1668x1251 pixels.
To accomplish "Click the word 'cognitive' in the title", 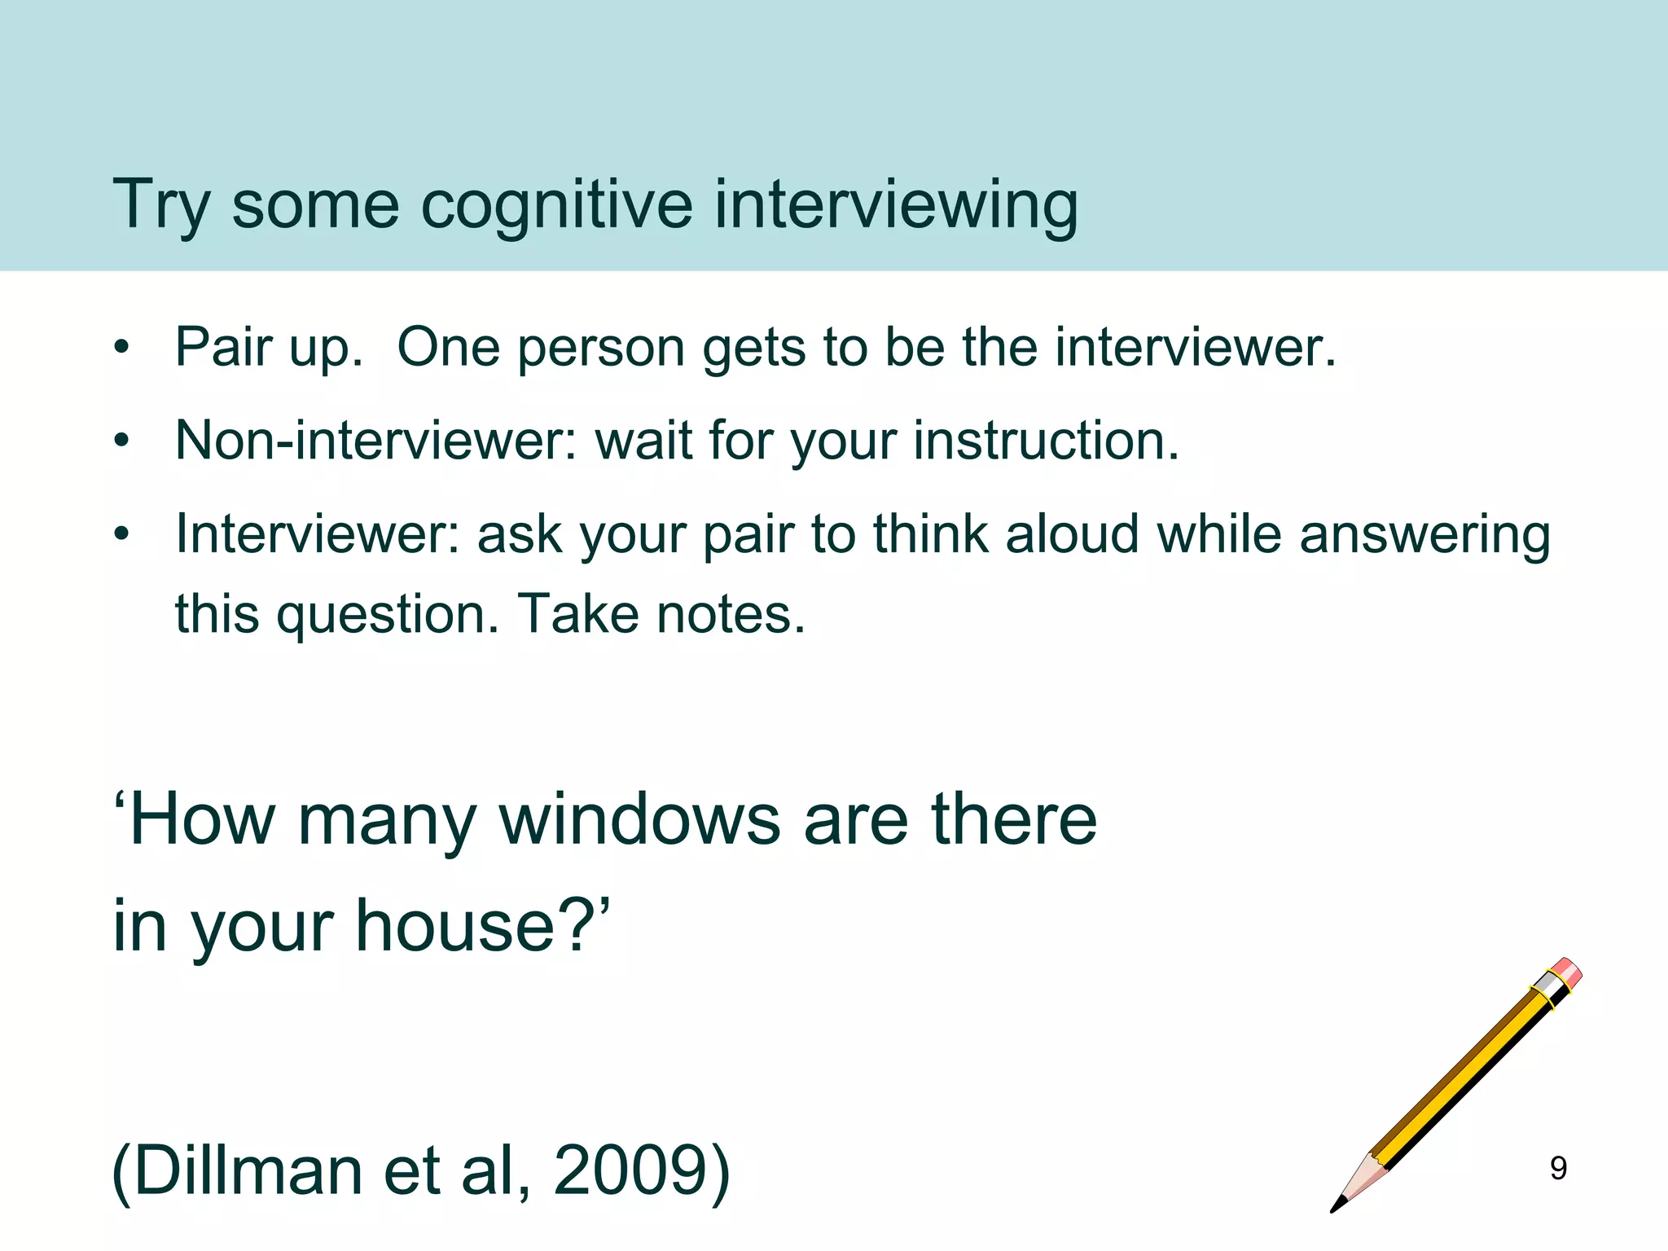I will coord(556,205).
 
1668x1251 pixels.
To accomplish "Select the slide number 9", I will coord(1558,1169).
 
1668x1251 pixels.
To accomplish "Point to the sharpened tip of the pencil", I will coord(1336,1206).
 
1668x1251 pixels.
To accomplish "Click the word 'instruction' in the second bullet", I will coord(1043,441).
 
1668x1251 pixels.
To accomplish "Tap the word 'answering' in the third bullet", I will coord(1424,536).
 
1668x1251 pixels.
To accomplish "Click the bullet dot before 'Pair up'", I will coord(122,349).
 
